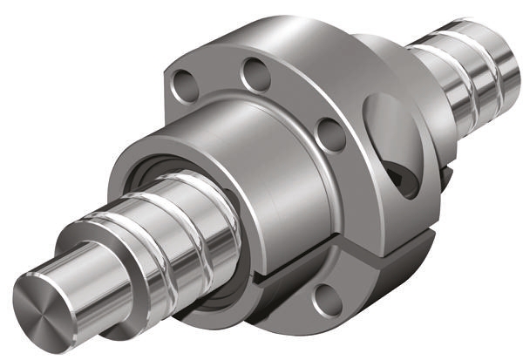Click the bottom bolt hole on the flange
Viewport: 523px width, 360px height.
325,301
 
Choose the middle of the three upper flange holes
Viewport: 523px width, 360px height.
255,73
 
